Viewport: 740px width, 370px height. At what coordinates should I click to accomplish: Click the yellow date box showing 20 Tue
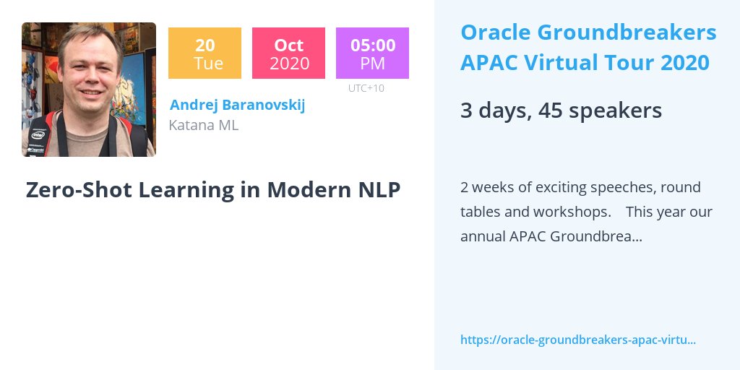point(205,53)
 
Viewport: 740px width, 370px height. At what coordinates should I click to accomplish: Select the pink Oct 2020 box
point(288,53)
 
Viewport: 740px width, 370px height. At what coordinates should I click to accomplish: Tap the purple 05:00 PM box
point(372,53)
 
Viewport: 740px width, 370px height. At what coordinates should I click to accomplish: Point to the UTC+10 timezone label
point(366,89)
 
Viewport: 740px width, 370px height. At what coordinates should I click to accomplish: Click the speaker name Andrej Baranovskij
point(237,105)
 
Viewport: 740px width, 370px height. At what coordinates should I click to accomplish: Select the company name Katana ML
point(203,125)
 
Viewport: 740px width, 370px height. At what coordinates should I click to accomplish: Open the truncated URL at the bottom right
point(577,340)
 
